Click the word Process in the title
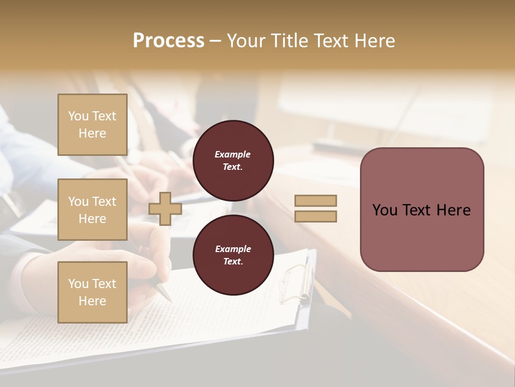pyautogui.click(x=168, y=41)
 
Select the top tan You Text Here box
pyautogui.click(x=92, y=125)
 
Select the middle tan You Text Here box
pyautogui.click(x=92, y=210)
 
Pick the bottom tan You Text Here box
pyautogui.click(x=92, y=292)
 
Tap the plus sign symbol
pyautogui.click(x=165, y=209)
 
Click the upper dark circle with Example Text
pyautogui.click(x=233, y=160)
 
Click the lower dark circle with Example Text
pyautogui.click(x=233, y=255)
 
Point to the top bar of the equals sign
pyautogui.click(x=315, y=201)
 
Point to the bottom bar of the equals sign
pyautogui.click(x=315, y=216)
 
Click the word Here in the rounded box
pyautogui.click(x=453, y=210)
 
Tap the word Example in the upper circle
pyautogui.click(x=233, y=154)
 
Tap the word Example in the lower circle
pyautogui.click(x=233, y=249)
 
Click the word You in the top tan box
pyautogui.click(x=78, y=116)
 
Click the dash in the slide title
pyautogui.click(x=216, y=41)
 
